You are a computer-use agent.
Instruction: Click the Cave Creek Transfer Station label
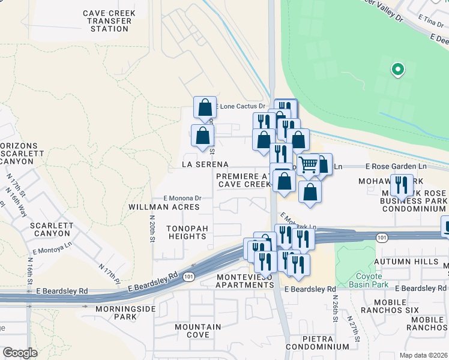109,20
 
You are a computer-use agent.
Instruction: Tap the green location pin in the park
397,70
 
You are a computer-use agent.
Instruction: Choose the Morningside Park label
125,313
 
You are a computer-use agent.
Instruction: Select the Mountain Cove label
198,331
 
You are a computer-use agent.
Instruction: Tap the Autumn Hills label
407,262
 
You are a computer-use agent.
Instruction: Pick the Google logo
20,353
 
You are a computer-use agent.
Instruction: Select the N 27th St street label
355,333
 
